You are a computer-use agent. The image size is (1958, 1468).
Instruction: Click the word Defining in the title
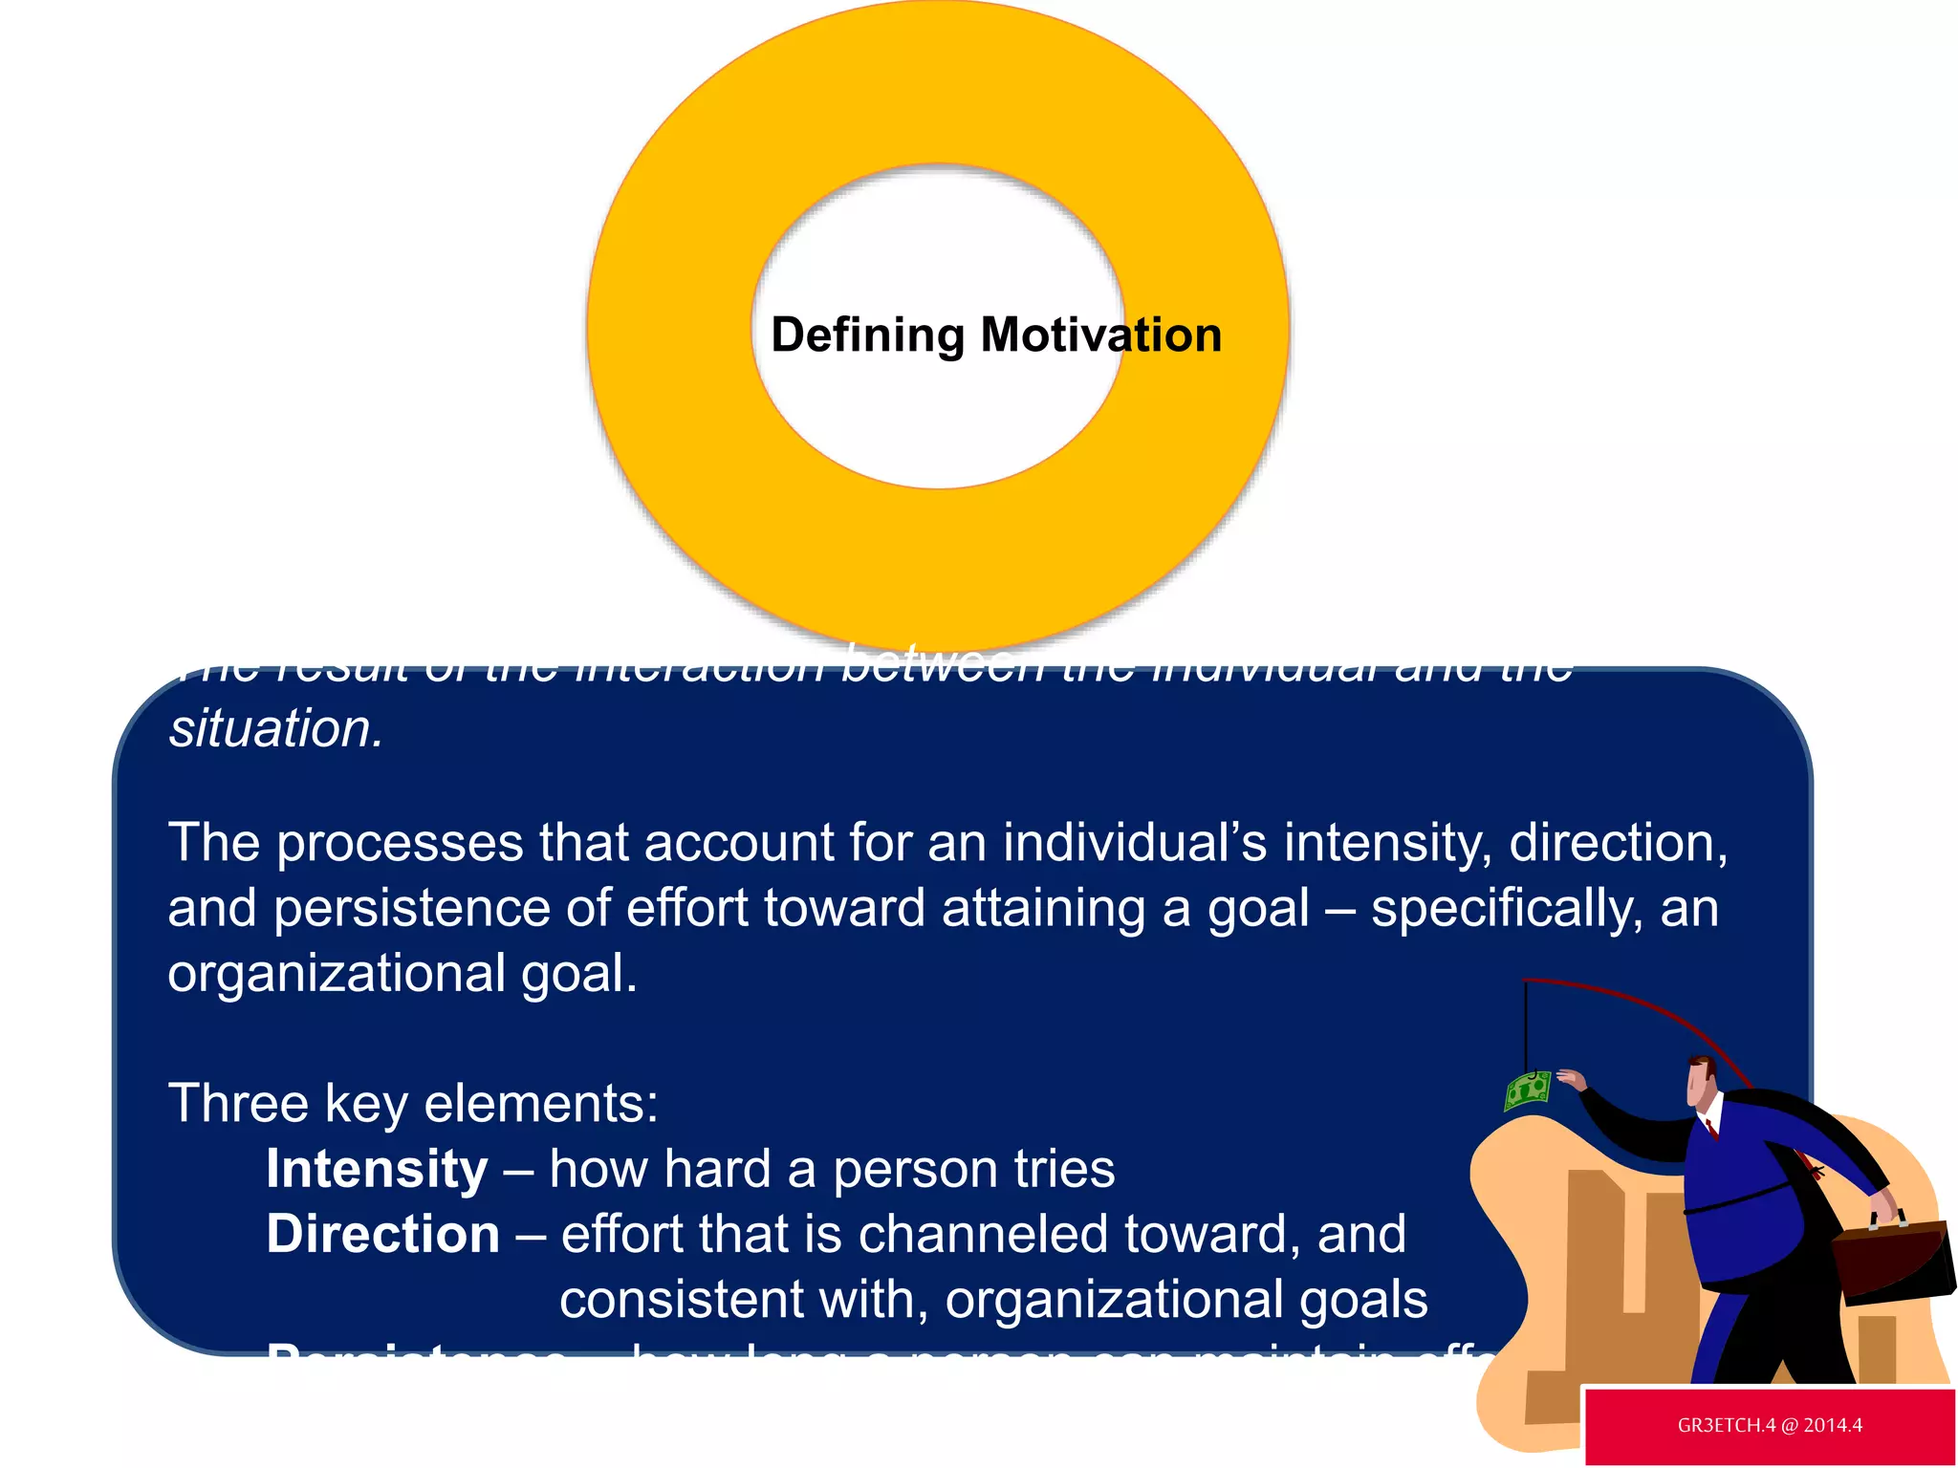(x=867, y=336)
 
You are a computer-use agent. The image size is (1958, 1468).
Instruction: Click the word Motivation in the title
(x=1101, y=335)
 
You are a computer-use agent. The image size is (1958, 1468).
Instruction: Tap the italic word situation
(x=275, y=729)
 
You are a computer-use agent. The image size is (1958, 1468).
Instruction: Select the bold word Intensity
(x=377, y=1169)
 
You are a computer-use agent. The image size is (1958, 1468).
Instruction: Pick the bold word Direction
(x=382, y=1234)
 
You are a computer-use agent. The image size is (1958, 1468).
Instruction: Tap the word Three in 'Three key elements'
(x=238, y=1104)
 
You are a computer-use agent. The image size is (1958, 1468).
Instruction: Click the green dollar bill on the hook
(x=1527, y=1090)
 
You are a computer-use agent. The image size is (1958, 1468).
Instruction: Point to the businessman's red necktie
(x=1711, y=1129)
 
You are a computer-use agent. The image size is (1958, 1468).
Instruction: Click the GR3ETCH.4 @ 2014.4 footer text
(x=1770, y=1425)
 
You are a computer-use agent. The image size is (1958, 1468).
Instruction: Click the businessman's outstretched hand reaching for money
(x=1571, y=1080)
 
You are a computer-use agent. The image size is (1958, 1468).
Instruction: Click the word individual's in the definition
(x=1135, y=844)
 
